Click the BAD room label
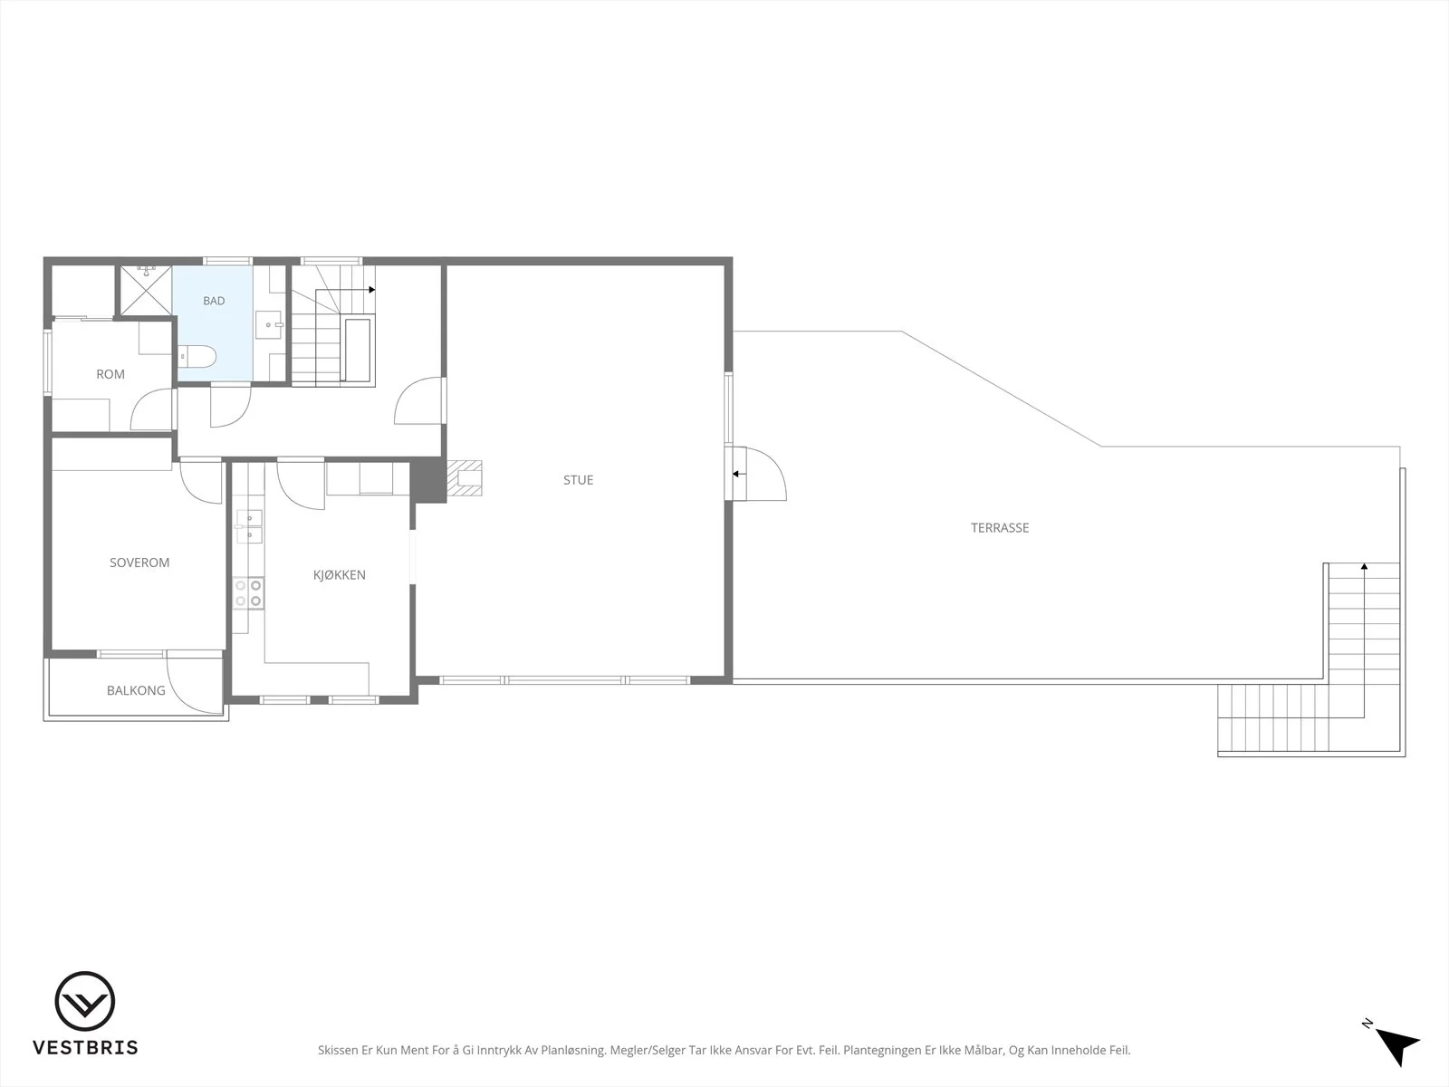pyautogui.click(x=214, y=301)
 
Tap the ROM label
pyautogui.click(x=110, y=374)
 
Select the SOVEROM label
pyautogui.click(x=139, y=563)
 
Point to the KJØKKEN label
pyautogui.click(x=340, y=575)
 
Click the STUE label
pyautogui.click(x=579, y=480)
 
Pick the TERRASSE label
pyautogui.click(x=1000, y=527)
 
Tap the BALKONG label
pyautogui.click(x=136, y=690)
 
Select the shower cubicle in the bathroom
pyautogui.click(x=145, y=291)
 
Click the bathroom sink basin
pyautogui.click(x=269, y=324)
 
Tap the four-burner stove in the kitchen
pyautogui.click(x=248, y=592)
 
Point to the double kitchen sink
pyautogui.click(x=250, y=526)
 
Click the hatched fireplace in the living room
pyautogui.click(x=465, y=478)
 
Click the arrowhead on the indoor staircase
pyautogui.click(x=372, y=290)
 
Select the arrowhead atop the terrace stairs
pyautogui.click(x=1364, y=566)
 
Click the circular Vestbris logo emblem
pyautogui.click(x=84, y=1001)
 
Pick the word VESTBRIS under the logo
pyautogui.click(x=85, y=1047)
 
